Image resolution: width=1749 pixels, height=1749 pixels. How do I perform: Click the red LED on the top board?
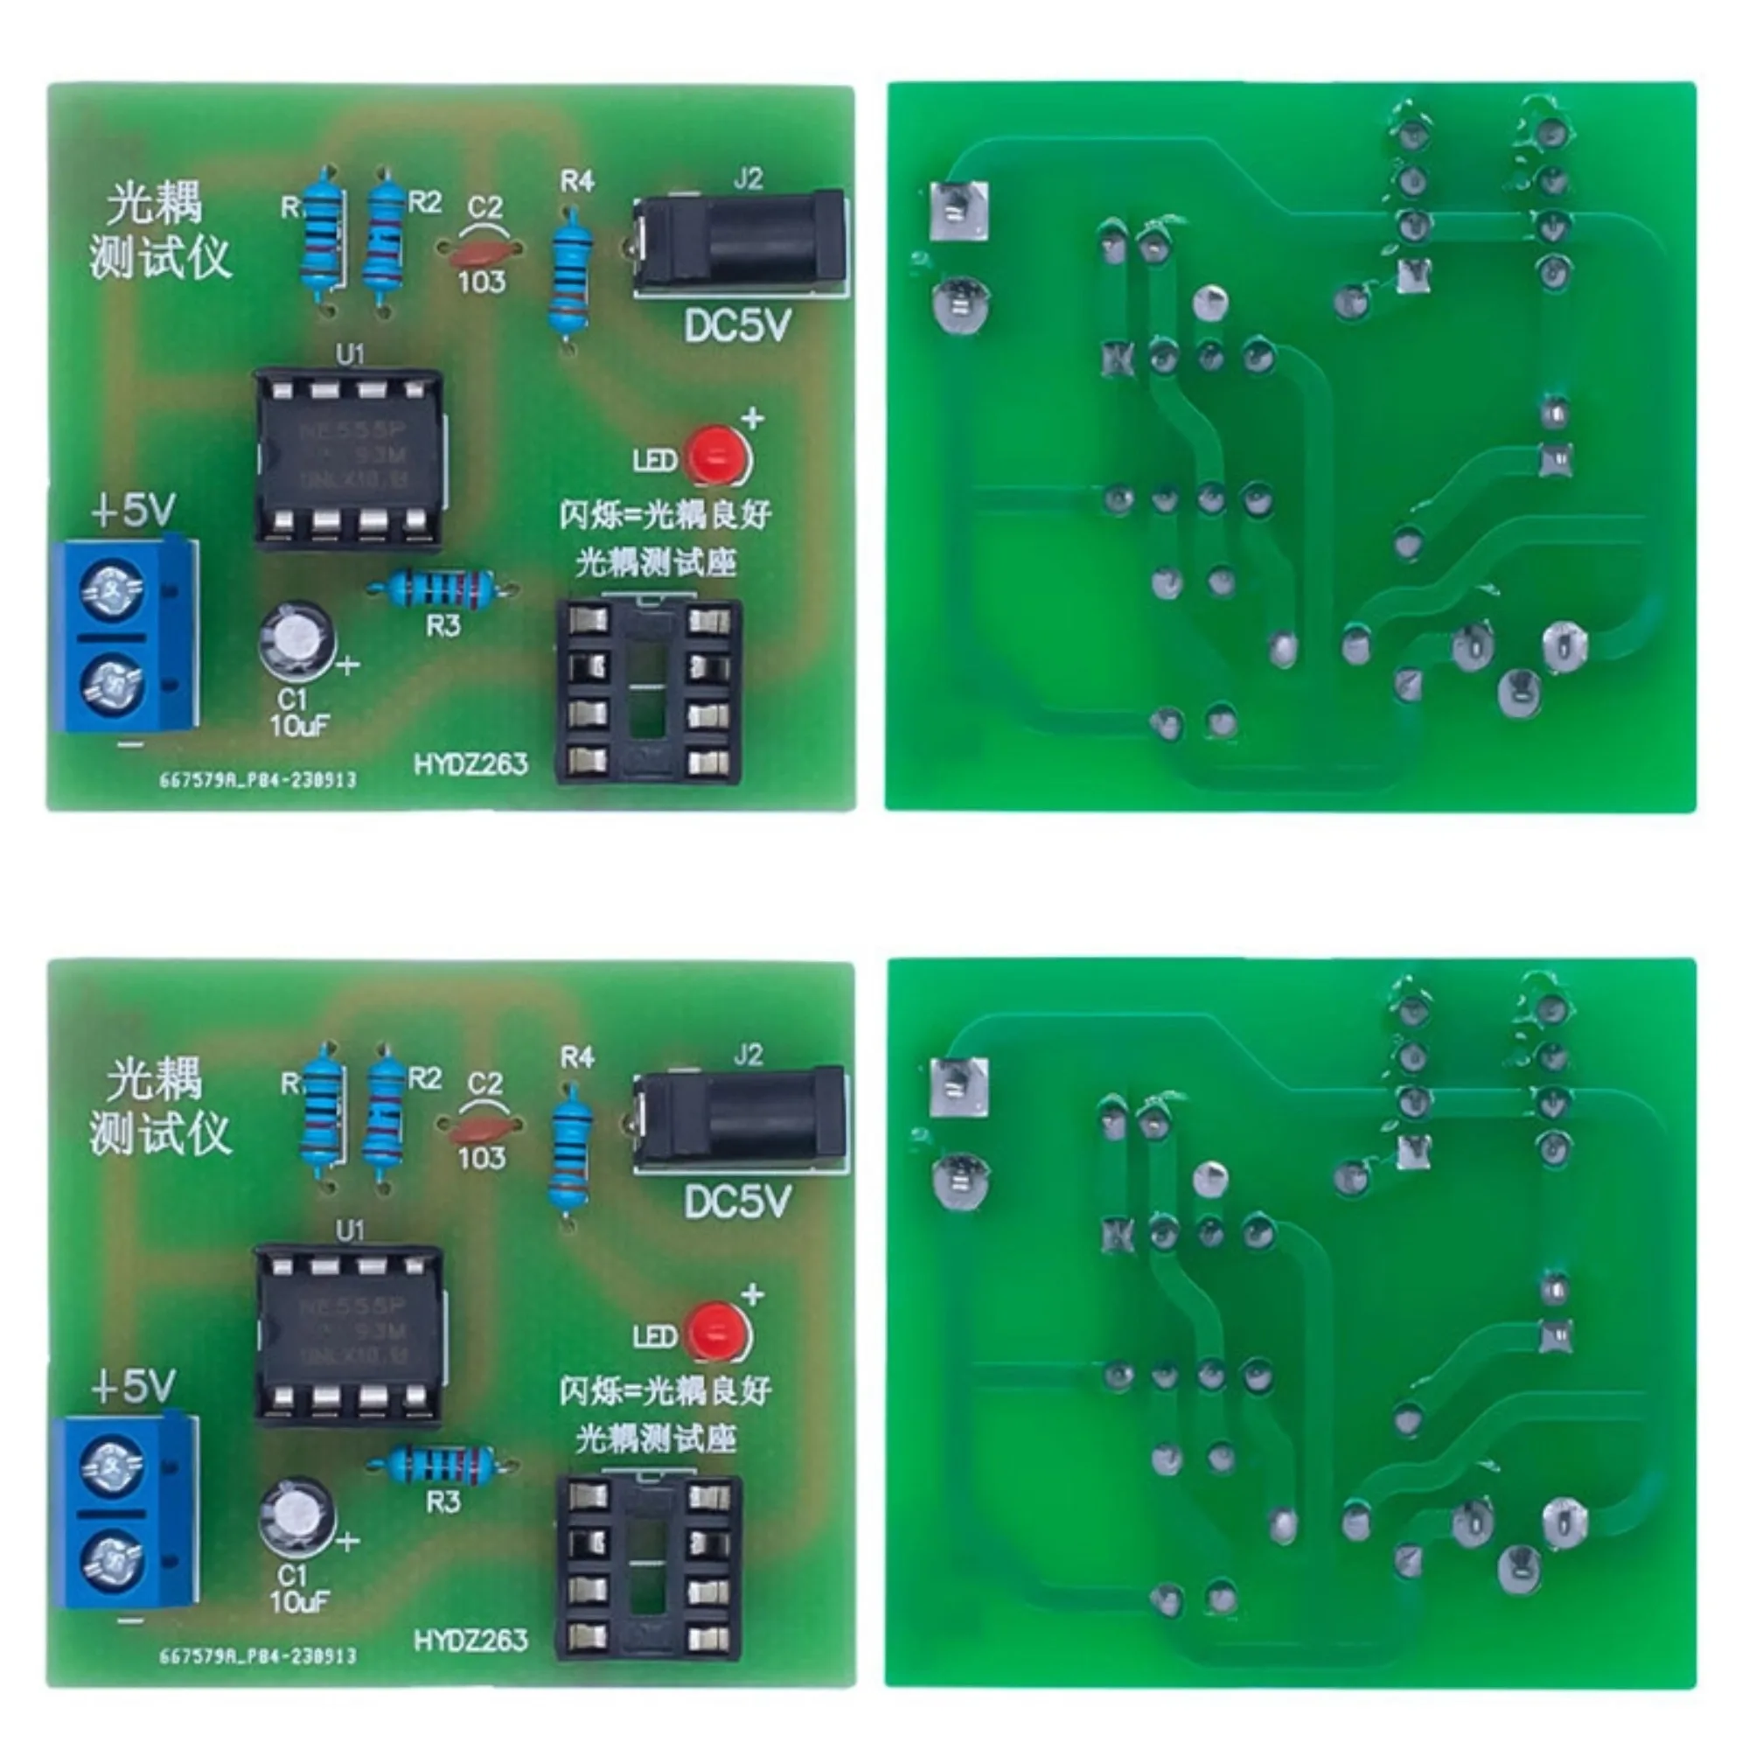[717, 455]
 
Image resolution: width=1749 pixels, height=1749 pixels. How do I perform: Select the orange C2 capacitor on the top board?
[480, 247]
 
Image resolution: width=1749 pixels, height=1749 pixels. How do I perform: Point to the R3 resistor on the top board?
[441, 589]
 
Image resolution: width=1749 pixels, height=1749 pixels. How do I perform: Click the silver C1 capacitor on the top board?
[295, 639]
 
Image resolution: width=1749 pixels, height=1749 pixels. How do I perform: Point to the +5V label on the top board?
[133, 511]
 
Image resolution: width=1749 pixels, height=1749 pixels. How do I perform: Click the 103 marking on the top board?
[481, 282]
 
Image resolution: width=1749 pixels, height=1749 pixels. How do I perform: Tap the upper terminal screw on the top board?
[112, 590]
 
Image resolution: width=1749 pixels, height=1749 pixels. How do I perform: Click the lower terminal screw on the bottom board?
[112, 1561]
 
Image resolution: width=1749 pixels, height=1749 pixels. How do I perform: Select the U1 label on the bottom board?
[350, 1230]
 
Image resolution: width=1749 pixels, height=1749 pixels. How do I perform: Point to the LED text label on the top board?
[654, 461]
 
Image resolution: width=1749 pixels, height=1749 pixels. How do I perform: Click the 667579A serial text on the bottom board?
[258, 1655]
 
